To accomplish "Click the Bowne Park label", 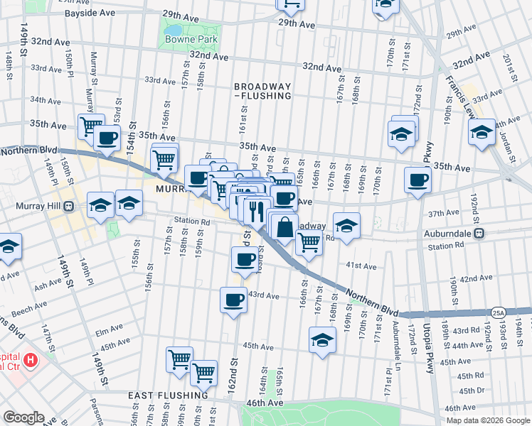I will [x=190, y=40].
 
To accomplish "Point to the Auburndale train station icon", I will [x=479, y=232].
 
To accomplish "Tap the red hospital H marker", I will [x=30, y=361].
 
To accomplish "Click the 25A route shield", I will [x=498, y=312].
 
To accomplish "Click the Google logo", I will [x=23, y=417].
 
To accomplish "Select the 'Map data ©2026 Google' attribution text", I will [x=488, y=420].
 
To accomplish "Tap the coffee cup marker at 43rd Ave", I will [x=233, y=300].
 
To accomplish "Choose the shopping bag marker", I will [x=284, y=229].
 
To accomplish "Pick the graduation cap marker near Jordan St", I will [x=482, y=132].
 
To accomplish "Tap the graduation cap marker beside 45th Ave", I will [x=322, y=340].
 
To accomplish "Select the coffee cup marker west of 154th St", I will [x=107, y=139].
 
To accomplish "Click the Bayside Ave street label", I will [x=90, y=13].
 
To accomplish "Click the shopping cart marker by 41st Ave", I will [x=308, y=243].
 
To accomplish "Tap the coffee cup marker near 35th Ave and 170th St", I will [x=417, y=180].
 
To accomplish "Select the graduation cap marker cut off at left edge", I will [x=9, y=246].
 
